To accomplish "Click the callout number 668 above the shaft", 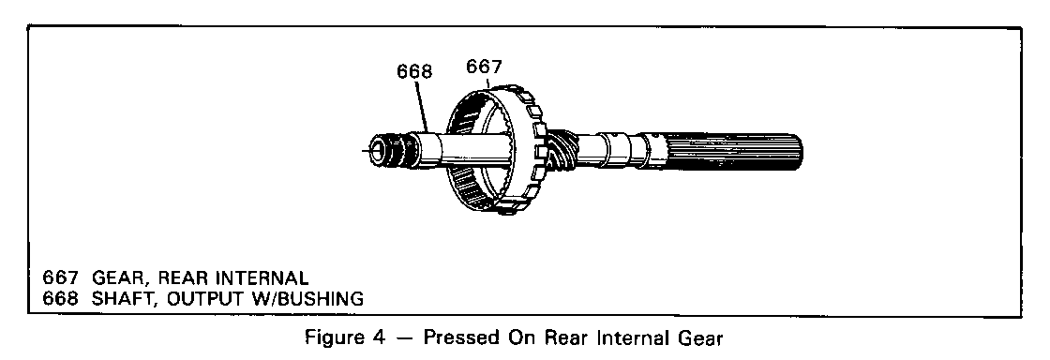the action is (414, 71).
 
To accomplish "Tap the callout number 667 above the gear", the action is (484, 67).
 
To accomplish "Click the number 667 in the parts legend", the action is (60, 277).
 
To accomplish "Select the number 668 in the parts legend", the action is (60, 298).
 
